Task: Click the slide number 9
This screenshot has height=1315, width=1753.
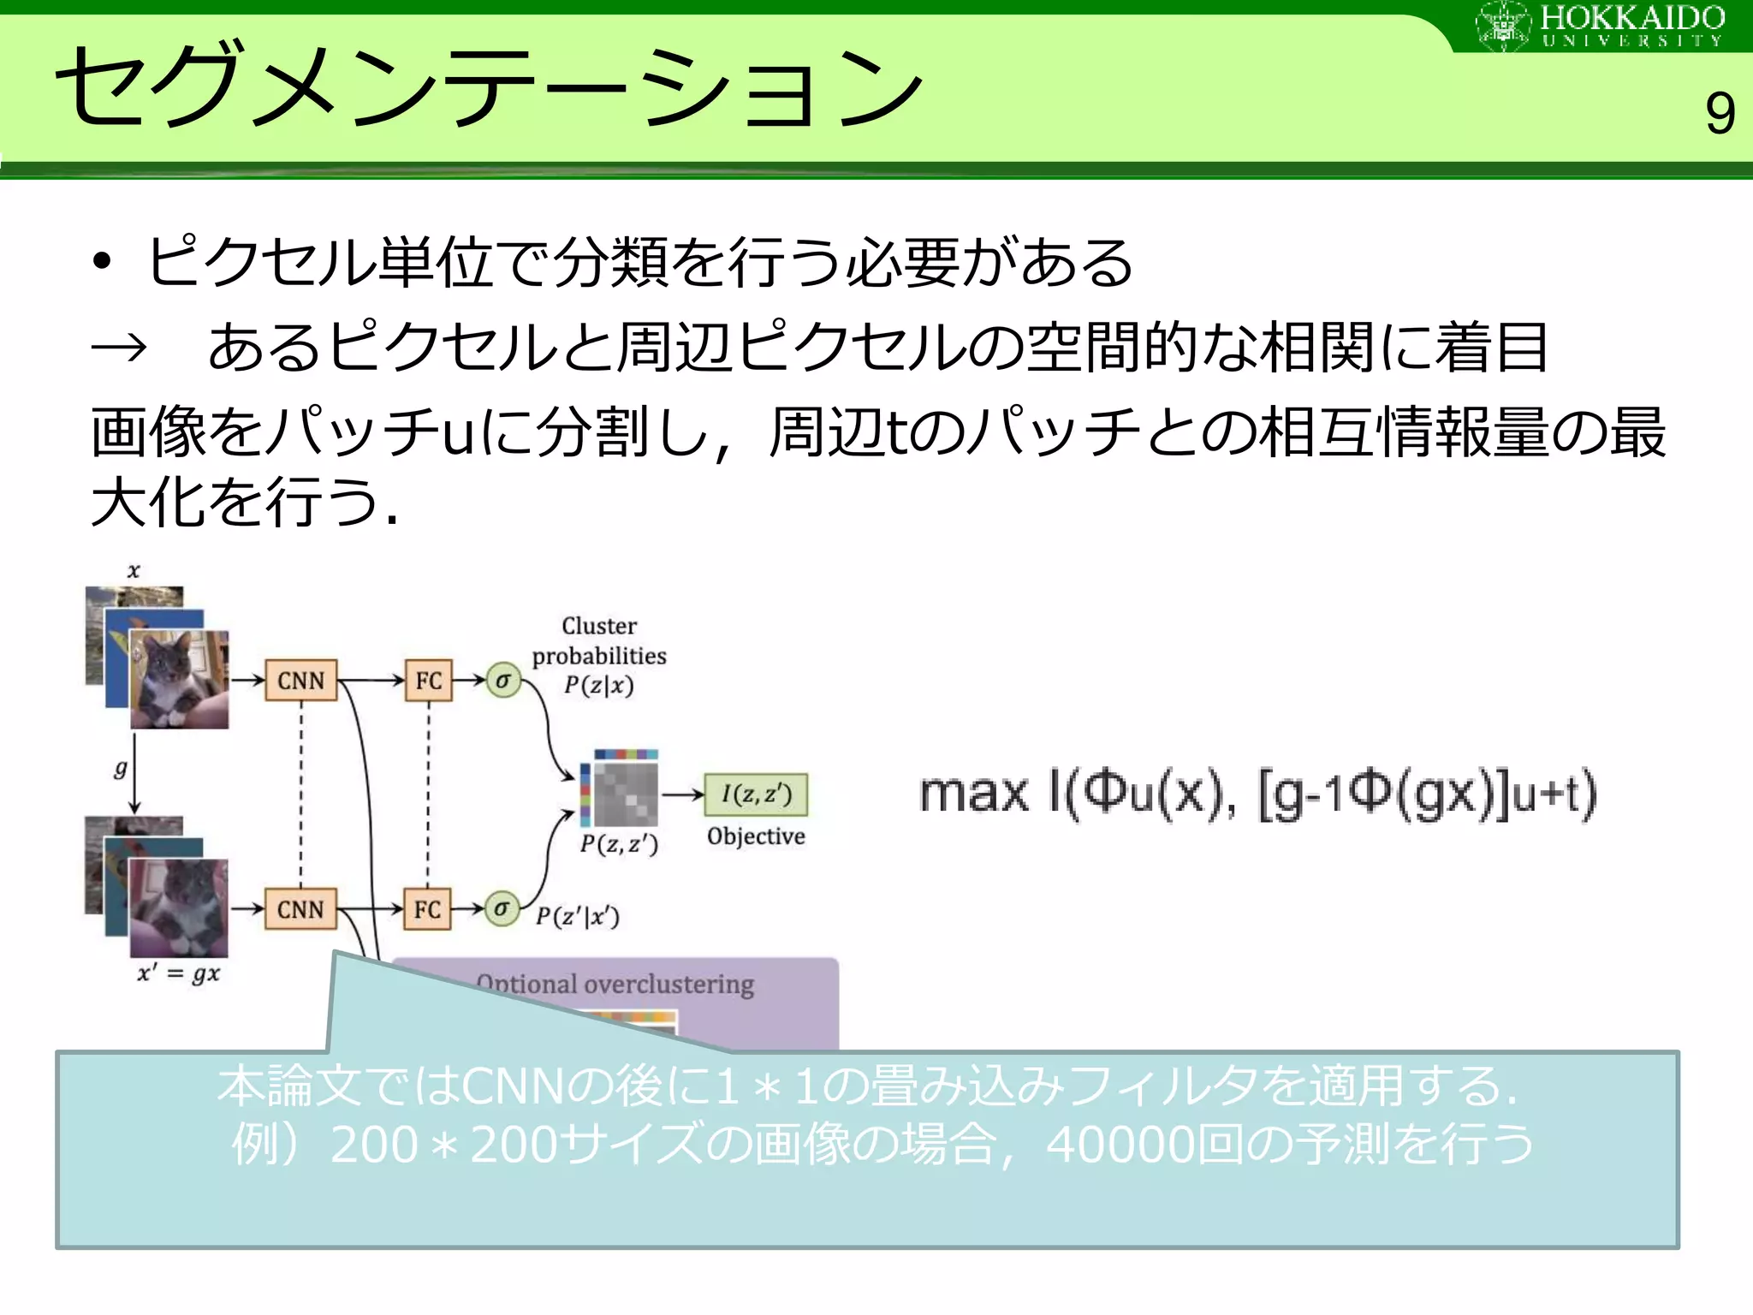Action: pos(1719,114)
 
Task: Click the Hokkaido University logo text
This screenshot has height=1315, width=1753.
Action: pos(1631,26)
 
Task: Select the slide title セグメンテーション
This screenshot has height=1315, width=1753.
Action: pos(488,86)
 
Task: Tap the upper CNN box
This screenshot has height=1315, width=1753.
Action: pos(300,681)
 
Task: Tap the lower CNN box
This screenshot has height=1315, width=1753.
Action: pos(300,909)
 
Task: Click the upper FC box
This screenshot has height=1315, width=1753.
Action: pos(428,681)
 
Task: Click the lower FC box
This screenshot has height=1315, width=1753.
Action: pos(427,909)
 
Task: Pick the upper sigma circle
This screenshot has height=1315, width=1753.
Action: pos(503,681)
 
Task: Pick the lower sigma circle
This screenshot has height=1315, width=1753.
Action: pos(502,908)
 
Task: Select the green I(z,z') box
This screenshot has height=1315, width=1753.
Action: pos(756,794)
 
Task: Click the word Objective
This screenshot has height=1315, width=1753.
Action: pos(756,836)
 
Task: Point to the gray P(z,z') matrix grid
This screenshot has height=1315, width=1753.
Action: pos(626,794)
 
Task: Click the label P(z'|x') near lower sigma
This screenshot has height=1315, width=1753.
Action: pos(578,917)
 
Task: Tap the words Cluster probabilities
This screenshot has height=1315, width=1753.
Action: pos(599,640)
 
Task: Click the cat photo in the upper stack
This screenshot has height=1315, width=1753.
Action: pos(179,679)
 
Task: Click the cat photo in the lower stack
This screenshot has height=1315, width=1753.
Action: pos(179,907)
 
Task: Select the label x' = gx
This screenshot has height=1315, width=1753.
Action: pos(179,974)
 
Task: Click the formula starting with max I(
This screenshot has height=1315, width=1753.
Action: pos(1257,794)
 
